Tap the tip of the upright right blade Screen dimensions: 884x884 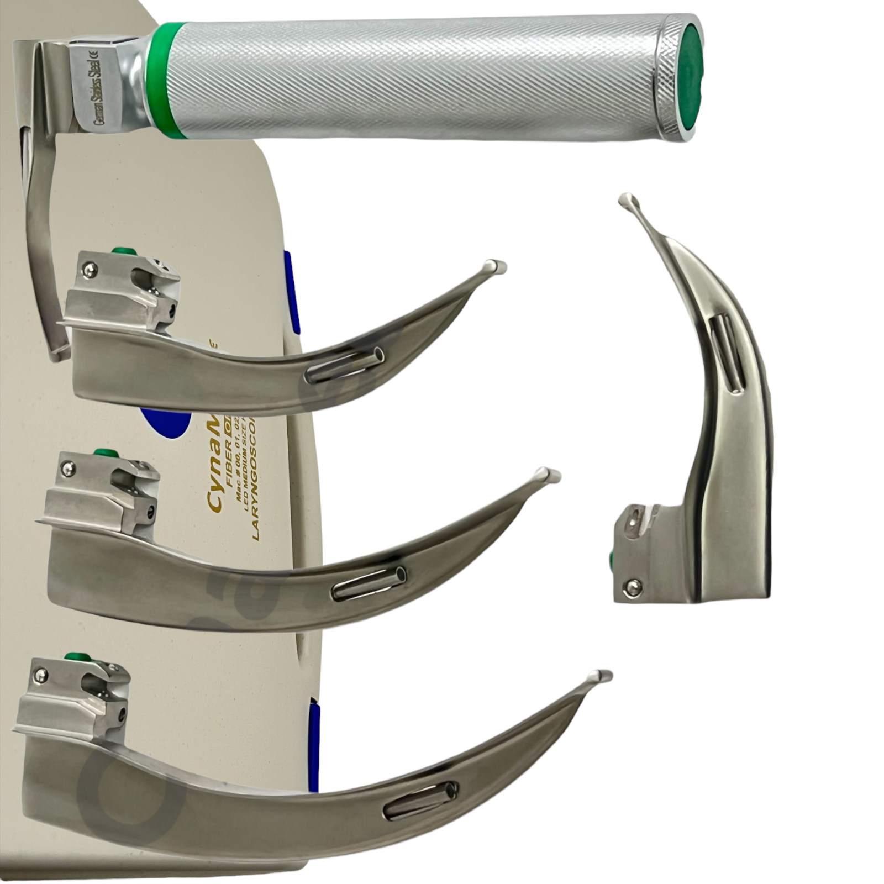pos(628,200)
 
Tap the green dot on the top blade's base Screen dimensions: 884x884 pos(121,251)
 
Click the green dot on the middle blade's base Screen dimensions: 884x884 pos(102,454)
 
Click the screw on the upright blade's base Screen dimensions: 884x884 pos(632,588)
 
